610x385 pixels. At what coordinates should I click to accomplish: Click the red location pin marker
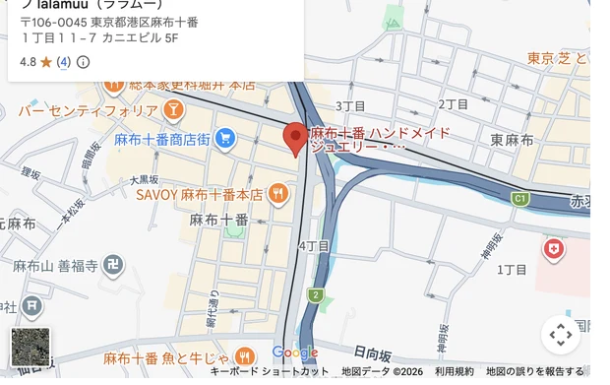tap(295, 138)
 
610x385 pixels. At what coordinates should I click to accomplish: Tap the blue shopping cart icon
tap(224, 139)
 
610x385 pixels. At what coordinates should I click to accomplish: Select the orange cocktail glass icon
tap(173, 108)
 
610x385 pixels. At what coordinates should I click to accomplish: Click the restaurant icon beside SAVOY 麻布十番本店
tap(277, 193)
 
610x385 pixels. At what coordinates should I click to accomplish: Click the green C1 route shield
tap(519, 199)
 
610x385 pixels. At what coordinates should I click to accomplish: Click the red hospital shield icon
tap(554, 248)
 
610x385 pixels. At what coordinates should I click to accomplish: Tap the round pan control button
tap(561, 335)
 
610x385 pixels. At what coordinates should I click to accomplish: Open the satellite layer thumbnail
tap(30, 347)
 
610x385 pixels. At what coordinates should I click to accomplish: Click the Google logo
tap(294, 353)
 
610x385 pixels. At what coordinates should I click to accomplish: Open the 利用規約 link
tap(455, 371)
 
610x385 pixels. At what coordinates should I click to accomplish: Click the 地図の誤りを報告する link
tap(535, 371)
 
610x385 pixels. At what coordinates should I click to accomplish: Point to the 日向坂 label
tap(372, 352)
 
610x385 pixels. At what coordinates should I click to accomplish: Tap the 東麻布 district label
tap(512, 140)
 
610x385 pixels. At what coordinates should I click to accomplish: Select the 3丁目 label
tap(350, 105)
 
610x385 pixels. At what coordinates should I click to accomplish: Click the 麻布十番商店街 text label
tap(161, 139)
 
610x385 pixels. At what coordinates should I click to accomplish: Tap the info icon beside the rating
tap(83, 62)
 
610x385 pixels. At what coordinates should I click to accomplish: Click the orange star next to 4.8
tap(45, 62)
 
